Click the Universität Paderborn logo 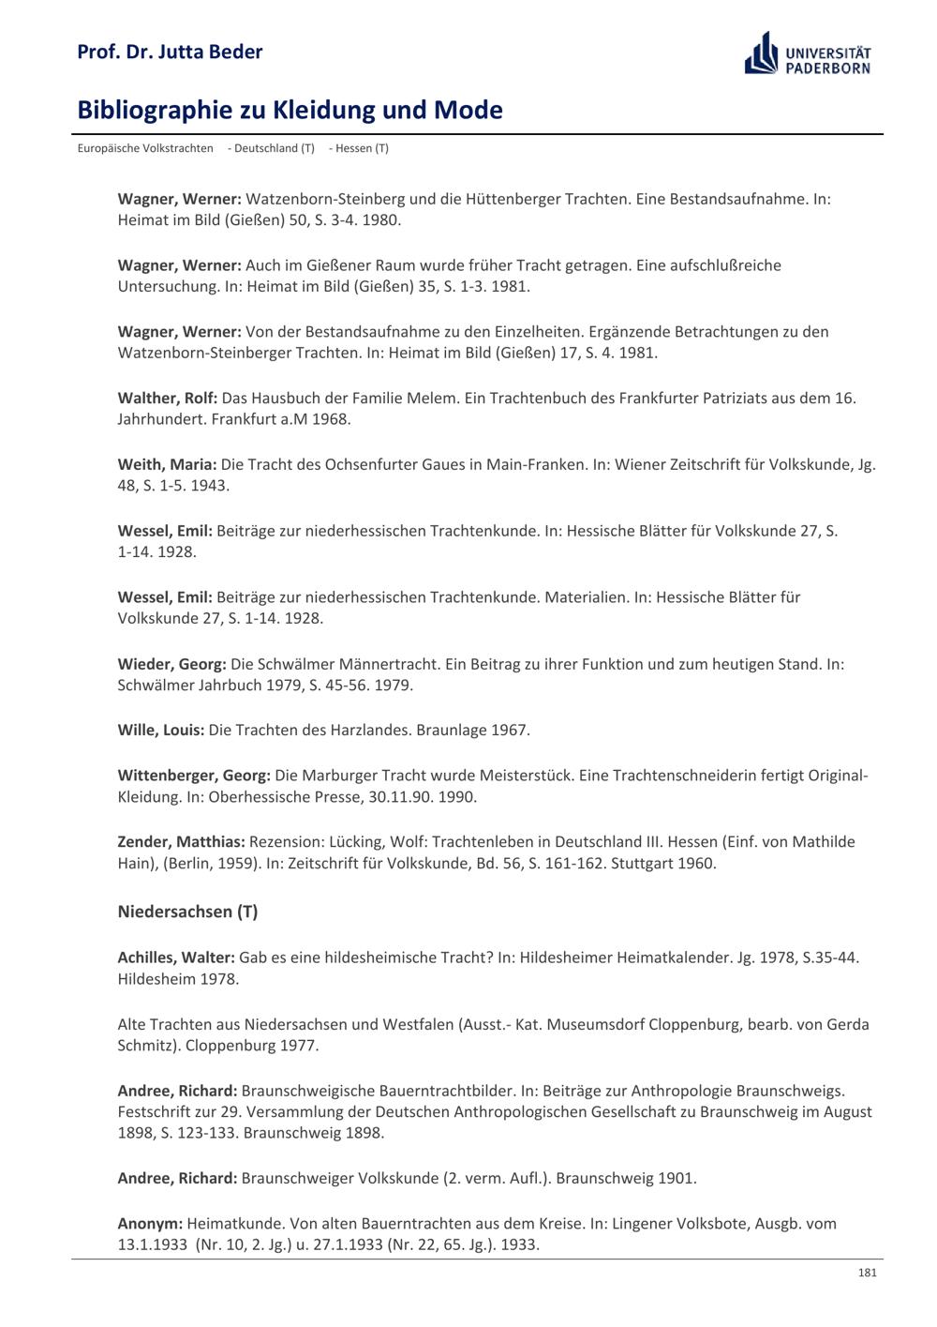pos(808,53)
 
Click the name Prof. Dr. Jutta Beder pos(170,52)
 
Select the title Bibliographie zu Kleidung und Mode pos(290,111)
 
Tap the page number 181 pos(867,1273)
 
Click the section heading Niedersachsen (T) pos(187,912)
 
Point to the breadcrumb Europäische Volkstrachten pos(145,148)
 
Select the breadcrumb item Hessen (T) pos(359,148)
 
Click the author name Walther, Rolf pos(167,398)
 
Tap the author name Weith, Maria pos(167,464)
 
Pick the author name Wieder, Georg pos(171,664)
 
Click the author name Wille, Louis pos(160,730)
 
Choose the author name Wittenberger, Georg pos(194,776)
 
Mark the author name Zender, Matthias pos(181,842)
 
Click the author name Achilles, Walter pos(175,958)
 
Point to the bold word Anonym pos(150,1223)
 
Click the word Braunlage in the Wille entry pos(452,730)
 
